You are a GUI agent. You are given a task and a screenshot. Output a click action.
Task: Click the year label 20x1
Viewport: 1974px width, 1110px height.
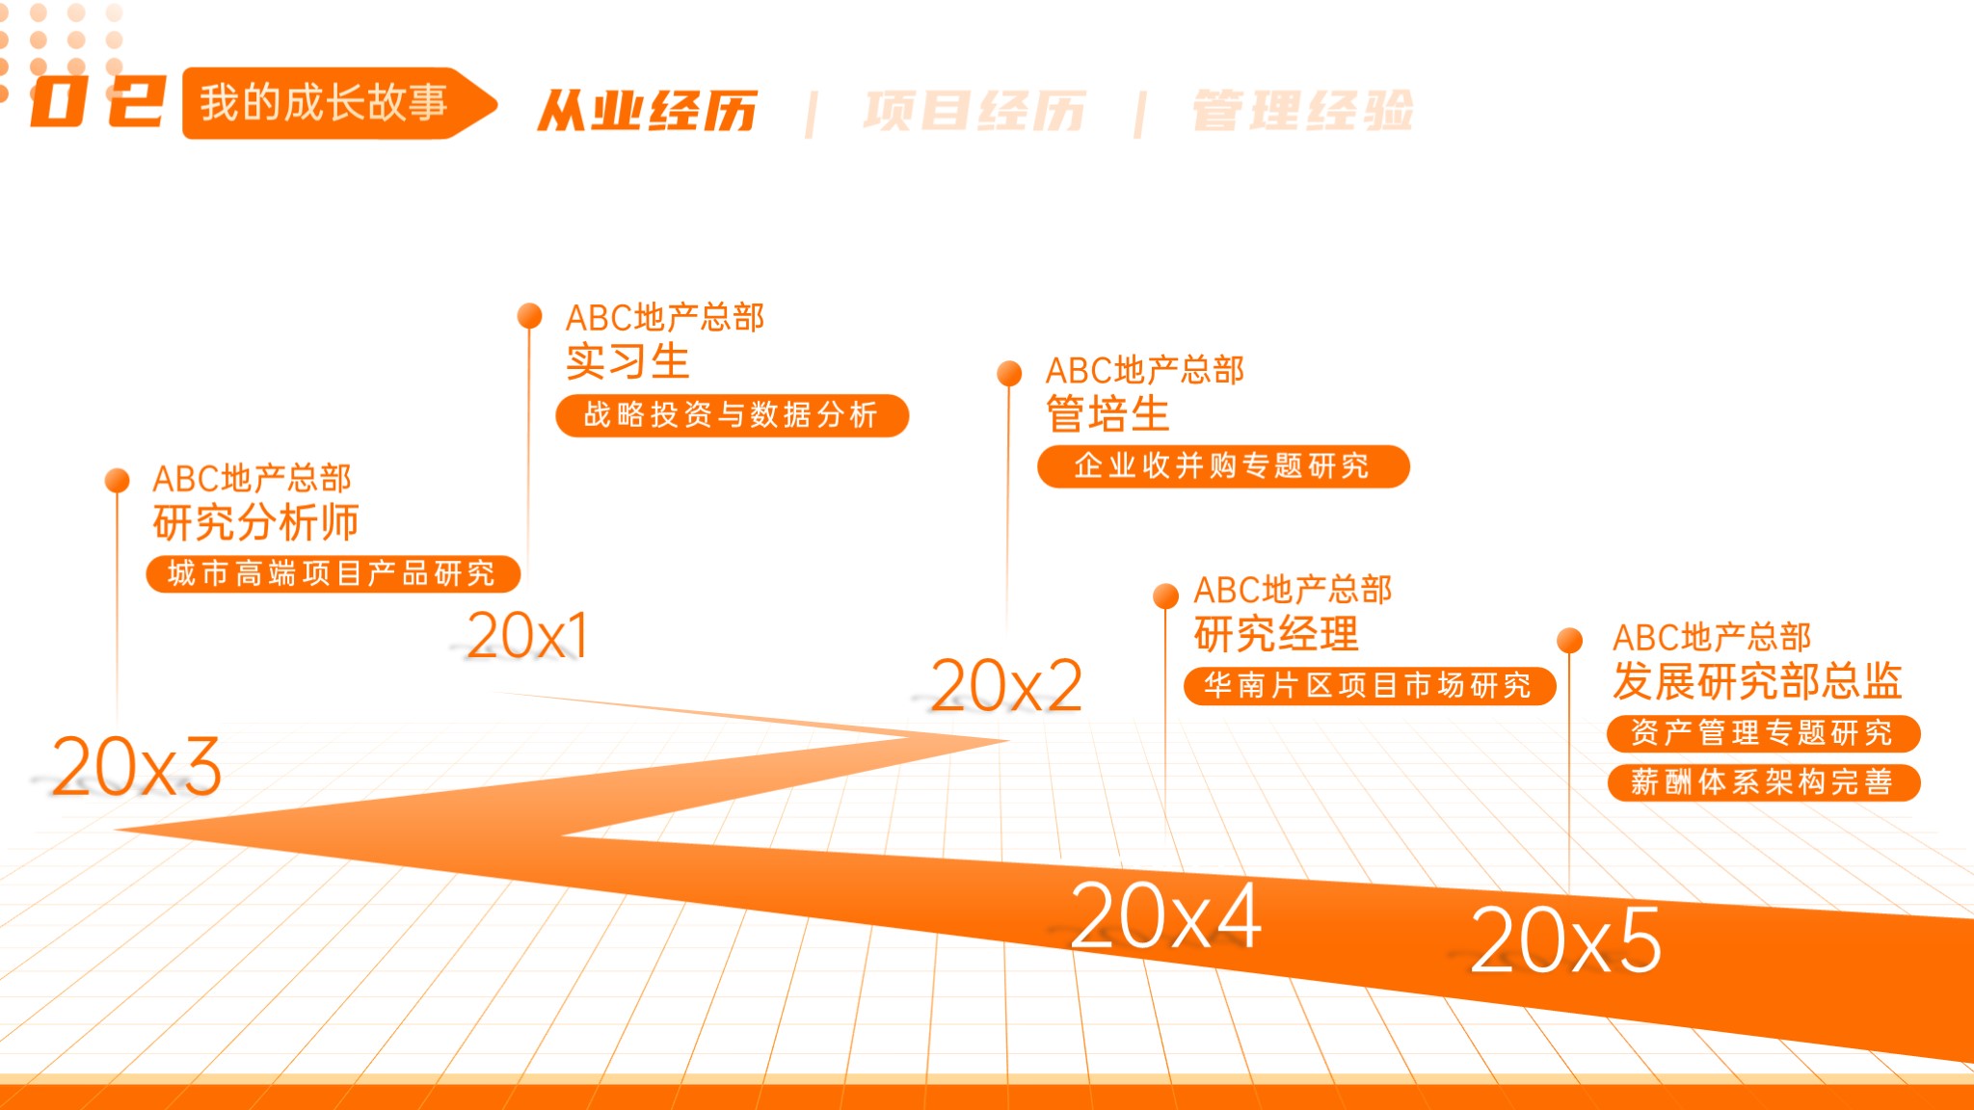[527, 636]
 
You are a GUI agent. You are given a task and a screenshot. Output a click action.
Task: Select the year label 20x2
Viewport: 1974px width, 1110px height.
[1006, 686]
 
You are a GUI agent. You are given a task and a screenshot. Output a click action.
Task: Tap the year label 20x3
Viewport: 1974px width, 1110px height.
[136, 767]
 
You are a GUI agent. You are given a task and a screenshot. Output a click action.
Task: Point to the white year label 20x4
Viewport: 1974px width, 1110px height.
[1165, 915]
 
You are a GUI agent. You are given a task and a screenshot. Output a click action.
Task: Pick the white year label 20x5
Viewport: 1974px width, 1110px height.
[1565, 940]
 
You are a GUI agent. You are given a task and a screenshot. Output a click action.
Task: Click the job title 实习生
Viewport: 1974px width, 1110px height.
[627, 362]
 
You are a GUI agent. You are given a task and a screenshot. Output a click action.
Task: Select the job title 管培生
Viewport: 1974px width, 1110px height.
[1107, 414]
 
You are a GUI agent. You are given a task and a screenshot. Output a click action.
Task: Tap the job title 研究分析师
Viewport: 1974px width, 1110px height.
[255, 523]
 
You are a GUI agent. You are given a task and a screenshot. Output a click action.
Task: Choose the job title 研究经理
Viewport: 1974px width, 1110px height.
[1276, 634]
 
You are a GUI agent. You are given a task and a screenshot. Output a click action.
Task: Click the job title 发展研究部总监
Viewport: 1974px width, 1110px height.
[1757, 681]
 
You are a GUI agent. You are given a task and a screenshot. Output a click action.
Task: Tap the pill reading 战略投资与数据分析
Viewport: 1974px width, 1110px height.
[733, 415]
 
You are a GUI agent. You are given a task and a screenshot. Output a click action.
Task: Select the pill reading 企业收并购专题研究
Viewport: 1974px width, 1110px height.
[1223, 466]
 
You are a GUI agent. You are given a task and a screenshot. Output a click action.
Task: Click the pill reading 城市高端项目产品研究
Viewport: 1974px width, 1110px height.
[333, 574]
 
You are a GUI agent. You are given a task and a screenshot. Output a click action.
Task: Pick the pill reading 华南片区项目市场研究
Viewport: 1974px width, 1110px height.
[1370, 686]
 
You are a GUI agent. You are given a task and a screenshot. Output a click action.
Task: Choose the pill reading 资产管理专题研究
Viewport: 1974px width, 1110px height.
[1763, 733]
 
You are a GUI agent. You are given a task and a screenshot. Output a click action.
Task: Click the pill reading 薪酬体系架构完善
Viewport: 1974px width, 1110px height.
[1763, 782]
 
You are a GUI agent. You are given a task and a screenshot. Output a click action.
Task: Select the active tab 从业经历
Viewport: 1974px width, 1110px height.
[648, 111]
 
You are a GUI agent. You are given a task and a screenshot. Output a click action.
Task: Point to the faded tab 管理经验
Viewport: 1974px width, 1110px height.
[1303, 111]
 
